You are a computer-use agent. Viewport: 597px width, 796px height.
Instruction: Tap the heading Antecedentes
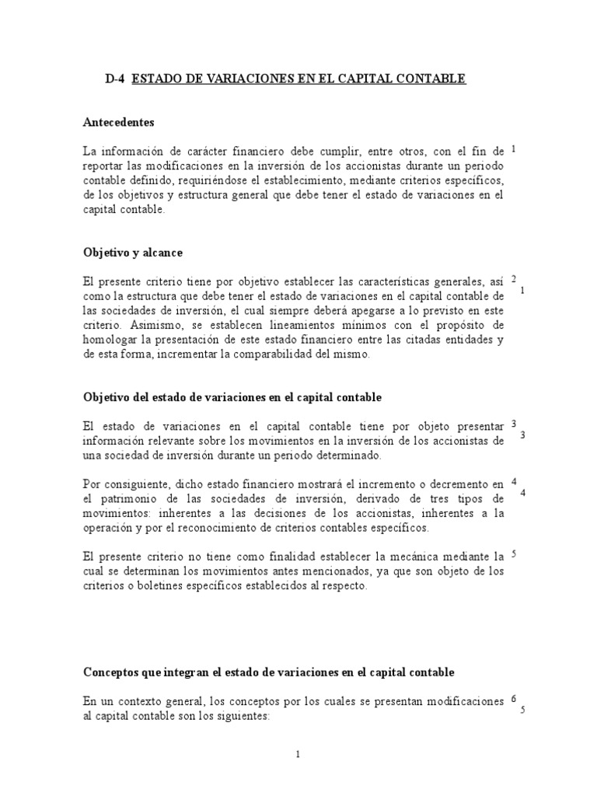(x=118, y=122)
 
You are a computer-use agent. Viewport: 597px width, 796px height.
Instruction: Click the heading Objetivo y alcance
(x=132, y=253)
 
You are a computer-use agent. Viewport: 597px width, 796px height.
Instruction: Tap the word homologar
(x=110, y=340)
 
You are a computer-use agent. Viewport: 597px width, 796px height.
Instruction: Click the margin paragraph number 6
(x=514, y=699)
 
